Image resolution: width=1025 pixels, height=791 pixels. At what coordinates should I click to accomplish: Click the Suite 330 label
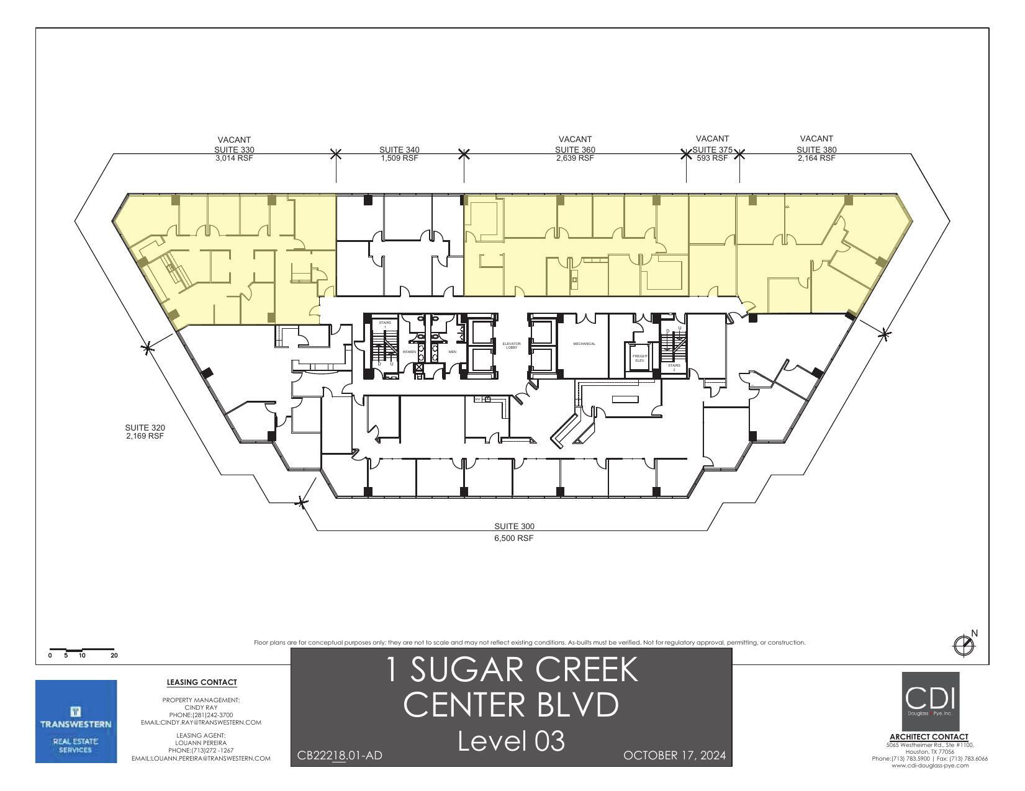click(234, 150)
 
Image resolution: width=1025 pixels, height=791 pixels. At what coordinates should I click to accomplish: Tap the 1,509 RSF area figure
click(399, 158)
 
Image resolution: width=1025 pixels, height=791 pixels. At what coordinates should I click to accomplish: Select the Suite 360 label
click(575, 150)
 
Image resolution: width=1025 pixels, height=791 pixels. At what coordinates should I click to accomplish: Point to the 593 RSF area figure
click(711, 158)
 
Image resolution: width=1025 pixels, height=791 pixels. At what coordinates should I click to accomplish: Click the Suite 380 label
click(816, 150)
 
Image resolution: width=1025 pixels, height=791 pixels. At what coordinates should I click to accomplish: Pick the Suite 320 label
click(145, 427)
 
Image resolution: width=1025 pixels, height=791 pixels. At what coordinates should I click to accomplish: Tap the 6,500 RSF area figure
click(513, 539)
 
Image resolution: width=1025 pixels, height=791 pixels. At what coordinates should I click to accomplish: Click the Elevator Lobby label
click(512, 345)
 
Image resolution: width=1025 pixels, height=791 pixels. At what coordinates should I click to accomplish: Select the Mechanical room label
click(584, 344)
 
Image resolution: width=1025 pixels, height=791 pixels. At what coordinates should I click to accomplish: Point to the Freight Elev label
click(639, 358)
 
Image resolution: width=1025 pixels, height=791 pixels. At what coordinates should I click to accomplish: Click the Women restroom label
click(409, 352)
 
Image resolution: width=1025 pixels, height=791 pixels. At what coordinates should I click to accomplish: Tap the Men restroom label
click(452, 352)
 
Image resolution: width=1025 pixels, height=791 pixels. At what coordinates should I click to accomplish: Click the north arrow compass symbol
click(964, 645)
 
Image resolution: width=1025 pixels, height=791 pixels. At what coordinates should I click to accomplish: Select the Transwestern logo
click(76, 721)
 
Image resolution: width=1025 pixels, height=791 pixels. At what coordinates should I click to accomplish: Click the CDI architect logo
click(930, 701)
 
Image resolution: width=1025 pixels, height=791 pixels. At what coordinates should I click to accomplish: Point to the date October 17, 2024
click(674, 755)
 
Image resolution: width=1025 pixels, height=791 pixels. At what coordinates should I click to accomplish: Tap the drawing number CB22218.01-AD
click(340, 755)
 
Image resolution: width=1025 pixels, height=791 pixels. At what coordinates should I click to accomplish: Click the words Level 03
click(511, 741)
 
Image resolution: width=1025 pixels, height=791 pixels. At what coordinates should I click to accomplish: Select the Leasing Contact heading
click(202, 682)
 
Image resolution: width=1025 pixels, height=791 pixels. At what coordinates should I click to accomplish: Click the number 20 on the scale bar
click(114, 655)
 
